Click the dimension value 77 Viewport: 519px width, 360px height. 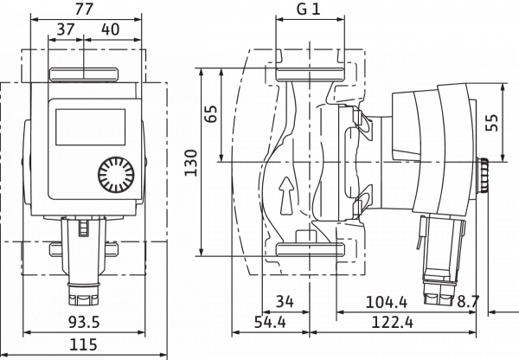(x=84, y=9)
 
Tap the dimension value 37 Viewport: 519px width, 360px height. (x=66, y=29)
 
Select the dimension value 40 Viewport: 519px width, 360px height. (x=110, y=29)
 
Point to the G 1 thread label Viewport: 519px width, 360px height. (x=309, y=9)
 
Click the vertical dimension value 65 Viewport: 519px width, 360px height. (x=211, y=114)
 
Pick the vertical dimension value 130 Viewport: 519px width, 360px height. (x=190, y=163)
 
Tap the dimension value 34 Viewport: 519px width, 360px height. (x=285, y=302)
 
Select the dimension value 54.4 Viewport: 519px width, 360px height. (x=270, y=322)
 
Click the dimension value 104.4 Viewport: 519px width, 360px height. (x=387, y=302)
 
